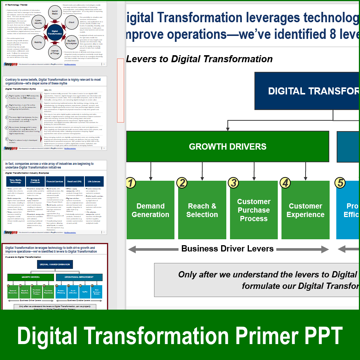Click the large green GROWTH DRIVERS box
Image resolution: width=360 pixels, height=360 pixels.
(227, 146)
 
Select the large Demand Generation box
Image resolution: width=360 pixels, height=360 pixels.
(150, 210)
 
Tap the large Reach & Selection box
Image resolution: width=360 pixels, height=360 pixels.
(202, 210)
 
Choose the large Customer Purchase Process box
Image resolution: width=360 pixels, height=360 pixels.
(254, 210)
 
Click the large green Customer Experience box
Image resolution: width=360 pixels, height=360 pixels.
(305, 210)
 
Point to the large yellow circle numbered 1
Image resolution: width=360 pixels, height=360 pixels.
(130, 183)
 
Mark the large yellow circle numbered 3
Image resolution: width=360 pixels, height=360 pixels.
(233, 183)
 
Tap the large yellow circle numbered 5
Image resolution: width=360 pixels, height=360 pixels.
(340, 183)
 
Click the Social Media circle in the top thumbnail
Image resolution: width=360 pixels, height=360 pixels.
(55, 12)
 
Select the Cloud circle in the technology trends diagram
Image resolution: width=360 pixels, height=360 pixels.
(71, 22)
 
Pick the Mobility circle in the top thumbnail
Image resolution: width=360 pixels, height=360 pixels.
(38, 42)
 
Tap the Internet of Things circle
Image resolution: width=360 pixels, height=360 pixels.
(55, 52)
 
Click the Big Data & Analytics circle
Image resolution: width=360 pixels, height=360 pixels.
(71, 42)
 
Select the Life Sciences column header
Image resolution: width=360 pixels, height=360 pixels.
(94, 181)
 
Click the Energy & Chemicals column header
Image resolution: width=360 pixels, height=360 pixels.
(35, 181)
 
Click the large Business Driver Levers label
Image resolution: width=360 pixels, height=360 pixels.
(227, 249)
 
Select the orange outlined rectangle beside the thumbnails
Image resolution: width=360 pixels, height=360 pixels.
(120, 90)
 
